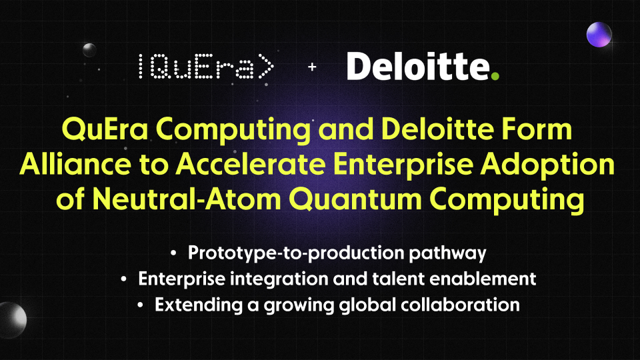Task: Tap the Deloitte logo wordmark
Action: (418, 67)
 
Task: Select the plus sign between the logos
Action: (311, 68)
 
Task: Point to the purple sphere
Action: (599, 34)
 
